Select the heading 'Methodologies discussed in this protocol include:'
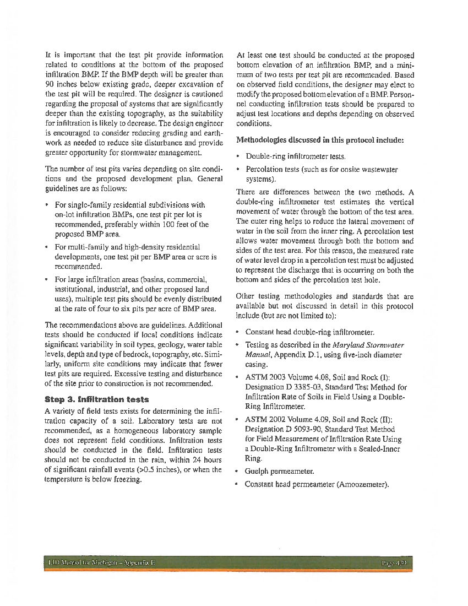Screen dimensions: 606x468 (x=320, y=140)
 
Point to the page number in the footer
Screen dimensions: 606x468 (x=395, y=563)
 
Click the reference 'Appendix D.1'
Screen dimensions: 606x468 (x=293, y=355)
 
